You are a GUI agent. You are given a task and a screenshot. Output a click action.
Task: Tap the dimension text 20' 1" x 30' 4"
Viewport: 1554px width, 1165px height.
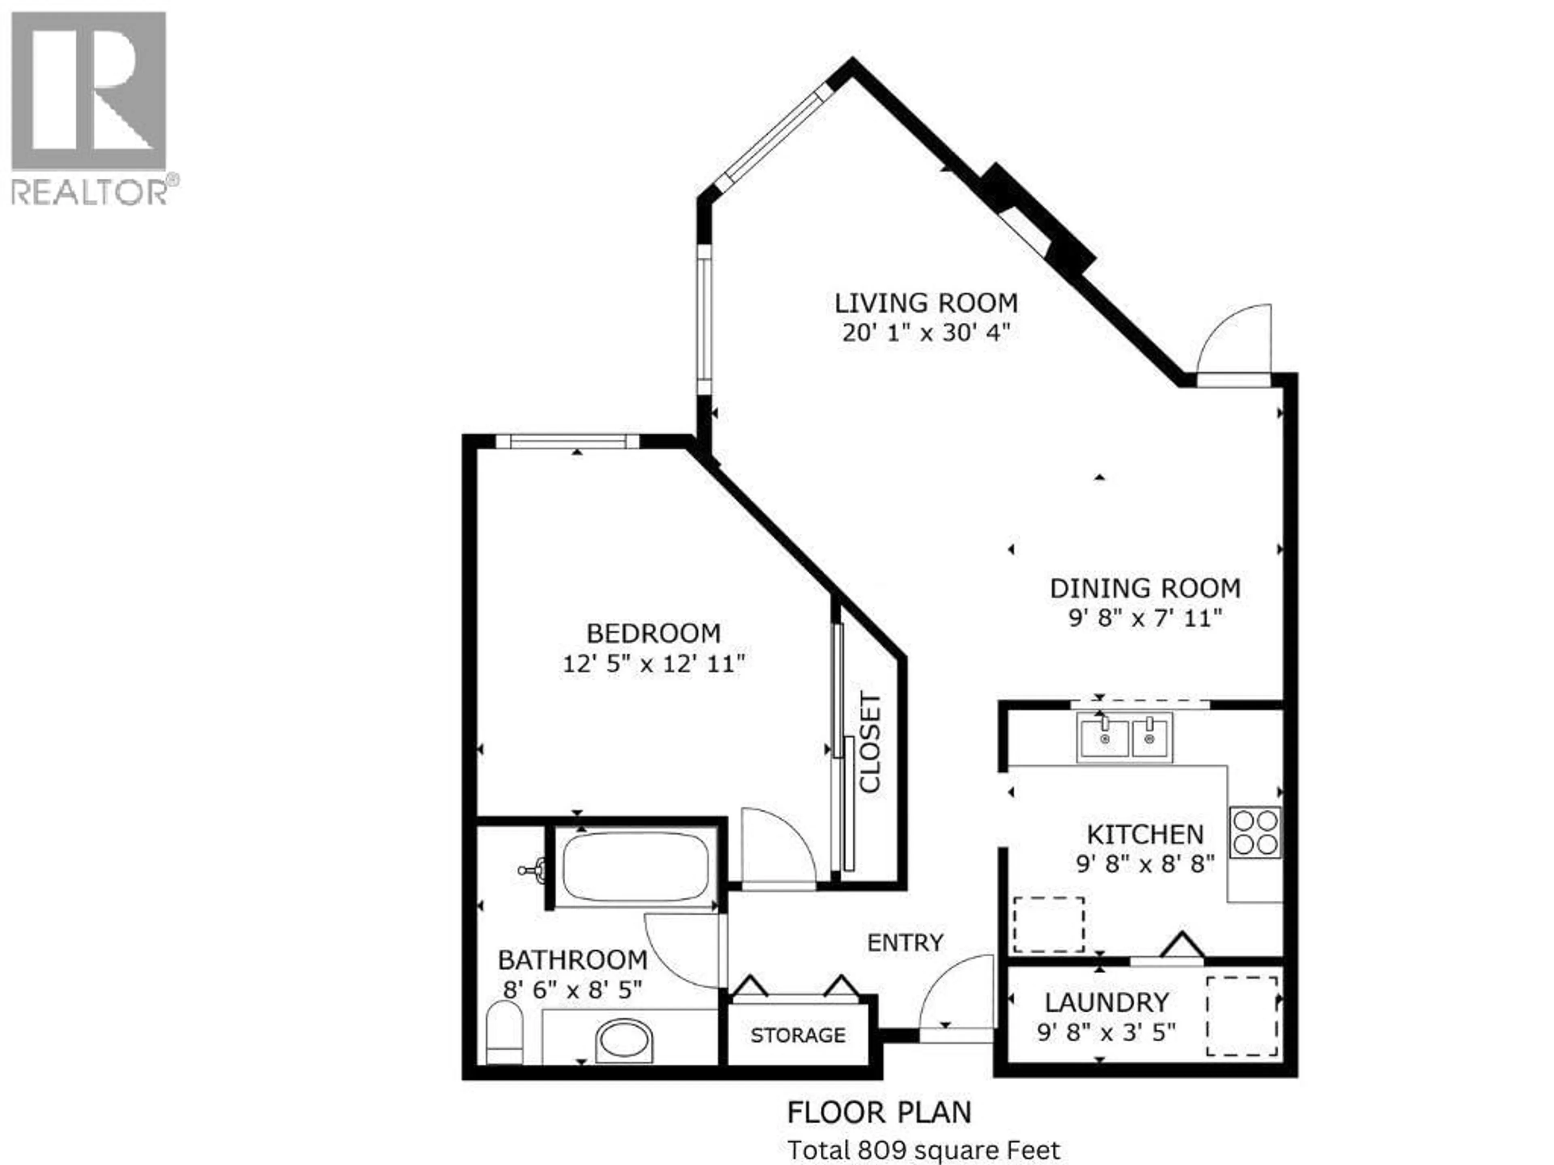(x=926, y=332)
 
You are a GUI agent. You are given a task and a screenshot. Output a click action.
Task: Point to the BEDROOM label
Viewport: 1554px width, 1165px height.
(x=653, y=633)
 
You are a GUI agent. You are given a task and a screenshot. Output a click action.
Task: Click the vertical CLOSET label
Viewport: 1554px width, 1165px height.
(x=870, y=743)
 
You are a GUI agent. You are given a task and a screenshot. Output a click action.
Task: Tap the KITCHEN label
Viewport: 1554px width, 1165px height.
(x=1145, y=834)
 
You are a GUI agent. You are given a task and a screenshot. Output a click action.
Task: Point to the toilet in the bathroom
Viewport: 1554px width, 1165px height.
(x=504, y=1032)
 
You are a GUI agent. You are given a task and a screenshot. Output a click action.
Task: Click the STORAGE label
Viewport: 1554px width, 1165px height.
(x=798, y=1035)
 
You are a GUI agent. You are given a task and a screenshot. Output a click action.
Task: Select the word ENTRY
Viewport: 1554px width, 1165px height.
(x=905, y=943)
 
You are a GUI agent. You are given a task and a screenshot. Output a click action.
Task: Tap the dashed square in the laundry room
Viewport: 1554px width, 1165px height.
(x=1242, y=1015)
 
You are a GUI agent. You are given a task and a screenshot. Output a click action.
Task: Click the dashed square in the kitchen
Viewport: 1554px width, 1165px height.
(x=1048, y=925)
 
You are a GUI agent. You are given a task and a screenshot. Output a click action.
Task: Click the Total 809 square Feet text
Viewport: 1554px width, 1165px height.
(x=923, y=1150)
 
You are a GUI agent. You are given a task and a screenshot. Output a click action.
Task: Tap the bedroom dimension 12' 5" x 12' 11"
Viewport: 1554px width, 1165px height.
(x=653, y=664)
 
